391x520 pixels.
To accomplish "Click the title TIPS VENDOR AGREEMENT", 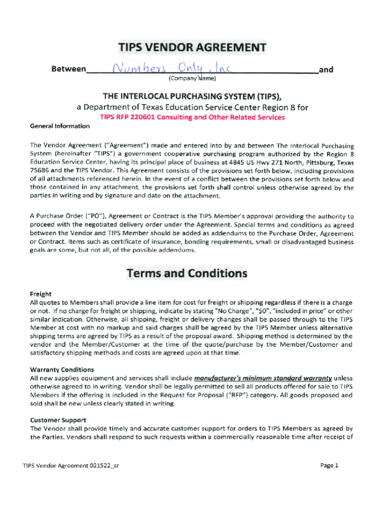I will [x=192, y=48].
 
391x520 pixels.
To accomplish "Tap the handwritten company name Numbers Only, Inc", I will [x=165, y=69].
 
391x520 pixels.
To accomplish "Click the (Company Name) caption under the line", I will [x=192, y=79].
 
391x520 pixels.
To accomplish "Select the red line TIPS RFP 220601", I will [x=192, y=117].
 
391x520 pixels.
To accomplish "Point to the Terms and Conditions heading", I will [x=187, y=273].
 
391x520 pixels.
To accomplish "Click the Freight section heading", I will [x=41, y=294].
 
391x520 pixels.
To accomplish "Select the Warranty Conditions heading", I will [x=62, y=370].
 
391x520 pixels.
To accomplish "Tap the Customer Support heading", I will [x=58, y=420].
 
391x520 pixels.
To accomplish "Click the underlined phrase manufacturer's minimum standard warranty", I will [x=263, y=378].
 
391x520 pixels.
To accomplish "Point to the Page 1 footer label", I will [x=329, y=465].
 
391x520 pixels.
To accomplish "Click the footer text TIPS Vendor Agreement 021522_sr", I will [x=71, y=465].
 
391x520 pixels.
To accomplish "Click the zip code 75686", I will [x=40, y=171].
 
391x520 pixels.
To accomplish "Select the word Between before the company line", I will [x=69, y=70].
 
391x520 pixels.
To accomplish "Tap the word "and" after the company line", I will [x=326, y=70].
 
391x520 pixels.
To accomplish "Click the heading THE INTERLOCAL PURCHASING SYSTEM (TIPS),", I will [x=192, y=96].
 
